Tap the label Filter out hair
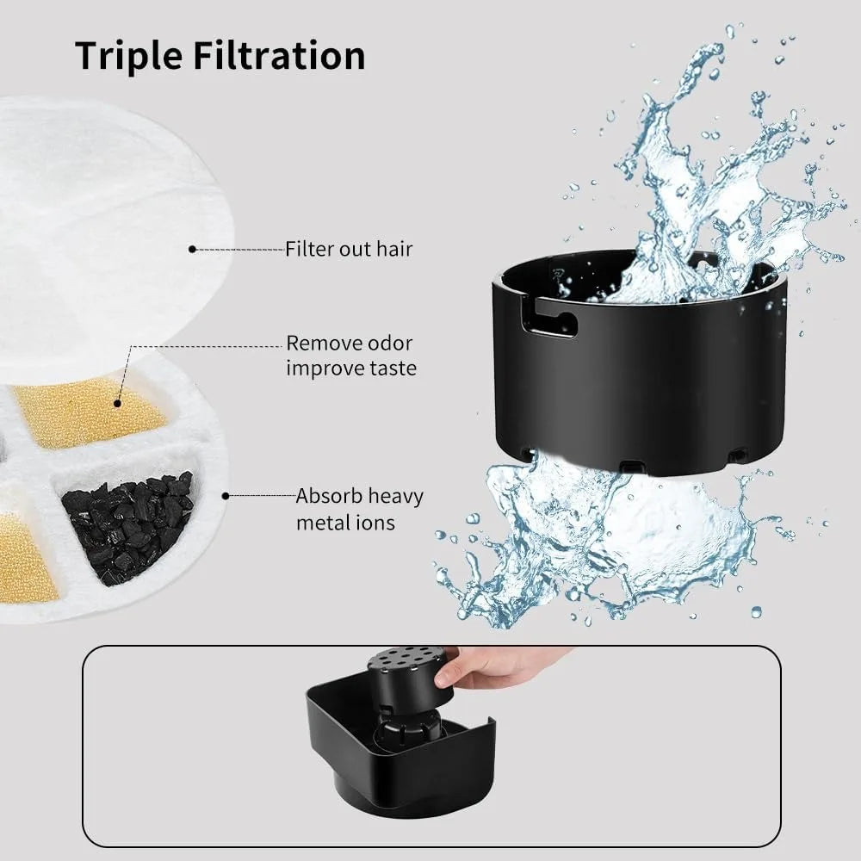tap(349, 250)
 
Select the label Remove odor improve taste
tap(350, 356)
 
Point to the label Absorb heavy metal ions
tap(359, 509)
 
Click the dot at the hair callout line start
tap(192, 250)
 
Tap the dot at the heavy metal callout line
tap(226, 496)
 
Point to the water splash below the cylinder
tap(603, 534)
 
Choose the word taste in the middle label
tap(391, 368)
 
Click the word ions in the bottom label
tap(376, 522)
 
